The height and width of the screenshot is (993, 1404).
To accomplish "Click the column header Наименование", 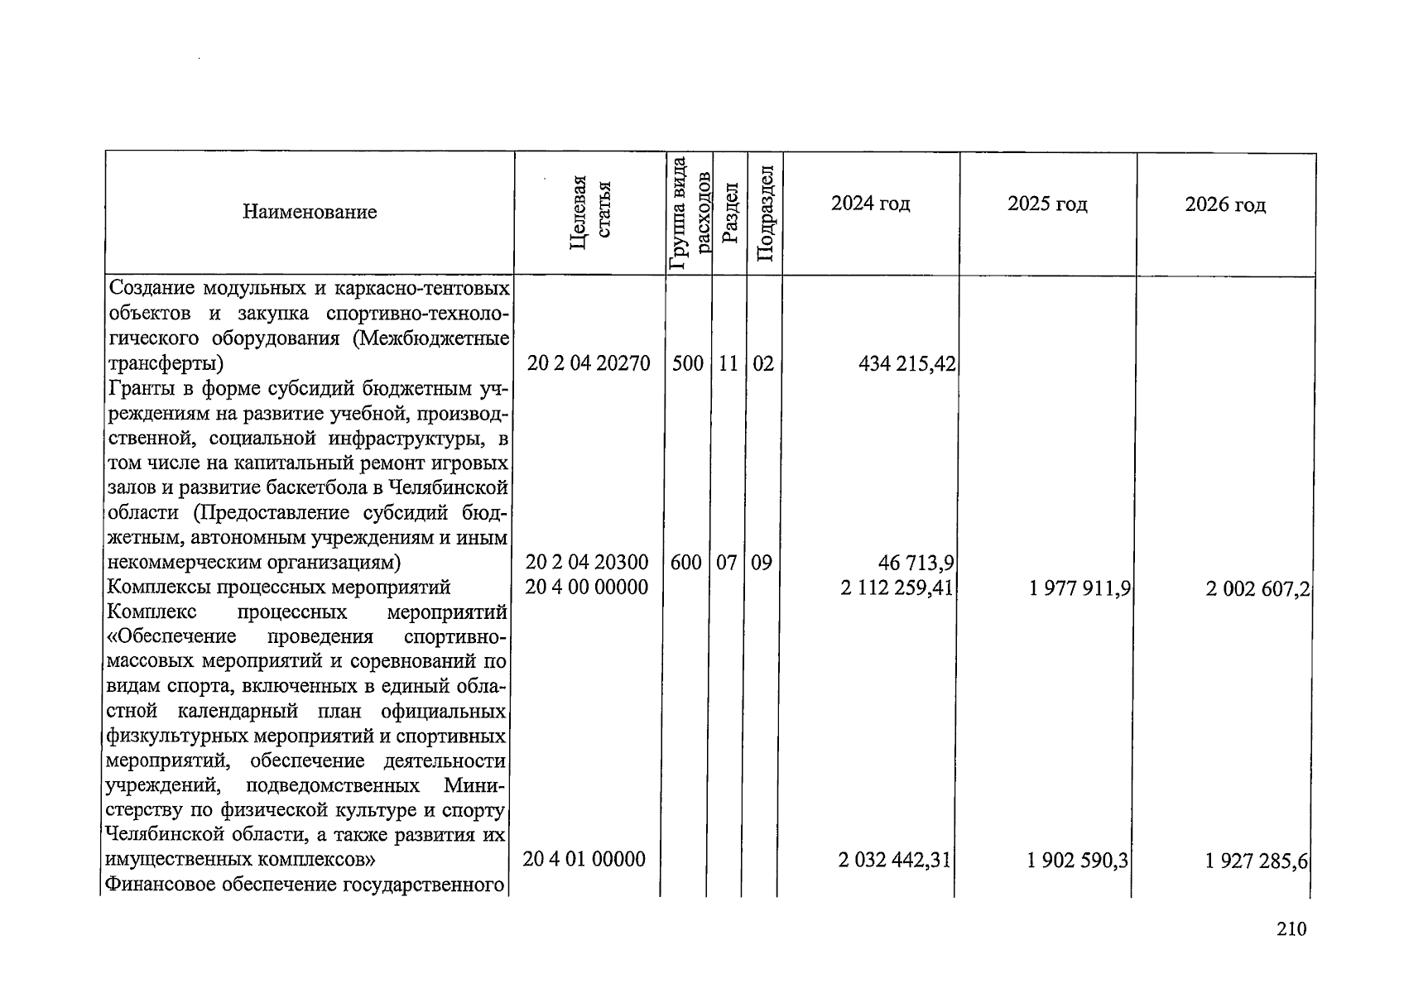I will [310, 213].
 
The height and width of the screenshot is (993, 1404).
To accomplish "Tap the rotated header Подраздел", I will [765, 213].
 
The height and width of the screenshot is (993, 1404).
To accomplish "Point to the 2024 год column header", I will [870, 204].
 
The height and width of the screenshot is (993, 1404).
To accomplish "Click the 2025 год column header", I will [1047, 204].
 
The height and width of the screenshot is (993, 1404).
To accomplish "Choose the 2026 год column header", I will [1225, 204].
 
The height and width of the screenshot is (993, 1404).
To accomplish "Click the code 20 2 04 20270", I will [589, 363].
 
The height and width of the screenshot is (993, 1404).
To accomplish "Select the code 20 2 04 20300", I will [587, 563].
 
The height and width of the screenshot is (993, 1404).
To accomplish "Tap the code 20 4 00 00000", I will [587, 588].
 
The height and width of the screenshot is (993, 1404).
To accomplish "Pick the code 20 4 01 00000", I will [584, 860].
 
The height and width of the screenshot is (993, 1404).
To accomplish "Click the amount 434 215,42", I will [908, 364].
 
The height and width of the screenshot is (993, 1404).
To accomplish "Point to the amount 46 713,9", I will [916, 564].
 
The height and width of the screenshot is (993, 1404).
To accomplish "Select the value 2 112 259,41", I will [897, 588].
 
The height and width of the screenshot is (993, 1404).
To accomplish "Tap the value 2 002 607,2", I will [1257, 589].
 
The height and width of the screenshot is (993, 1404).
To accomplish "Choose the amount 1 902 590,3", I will [1078, 861].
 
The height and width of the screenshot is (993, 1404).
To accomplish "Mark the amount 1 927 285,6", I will [1257, 861].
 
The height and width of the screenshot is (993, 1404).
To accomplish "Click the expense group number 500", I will [687, 363].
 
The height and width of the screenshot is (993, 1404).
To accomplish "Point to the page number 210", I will [1291, 929].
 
